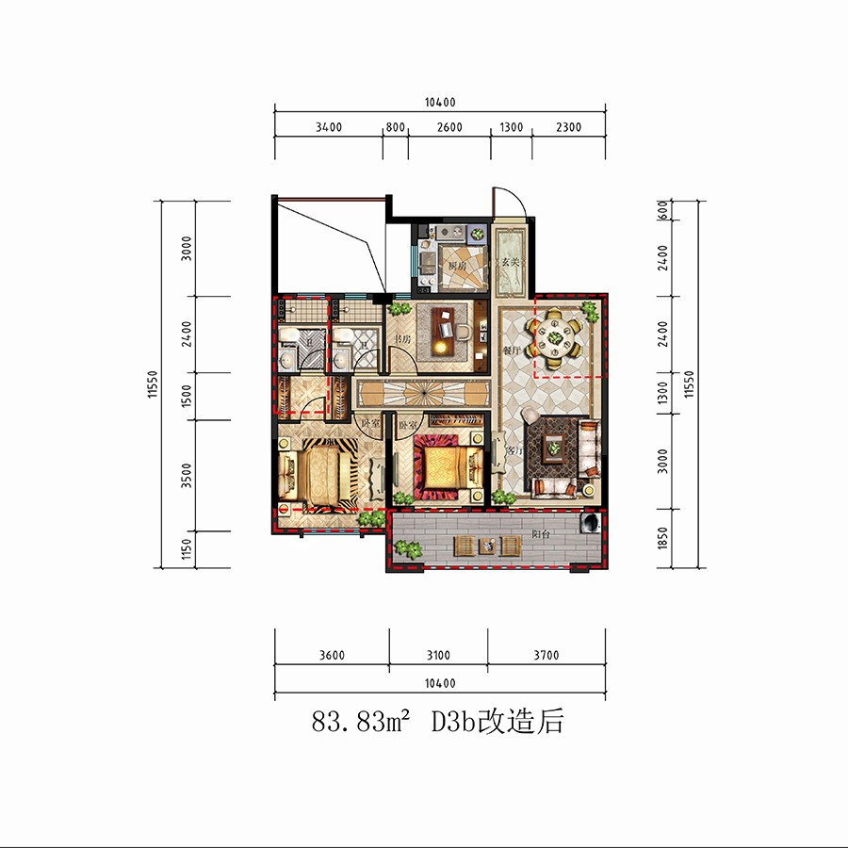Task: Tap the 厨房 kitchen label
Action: point(457,267)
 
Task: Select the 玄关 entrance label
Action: point(512,261)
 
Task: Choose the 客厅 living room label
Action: point(514,451)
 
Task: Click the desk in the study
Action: point(452,331)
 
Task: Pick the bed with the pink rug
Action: point(443,464)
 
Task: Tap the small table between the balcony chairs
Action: point(487,546)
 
